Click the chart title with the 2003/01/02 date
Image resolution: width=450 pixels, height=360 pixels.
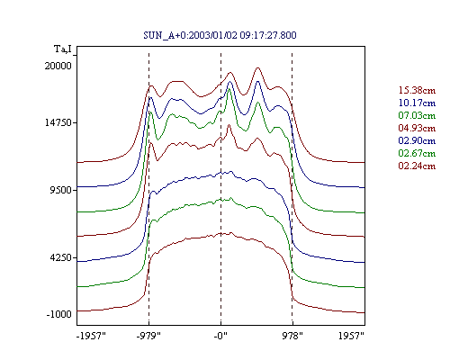point(220,35)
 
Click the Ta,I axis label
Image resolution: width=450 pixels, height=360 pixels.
point(63,49)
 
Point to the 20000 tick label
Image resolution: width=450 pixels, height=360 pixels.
point(58,66)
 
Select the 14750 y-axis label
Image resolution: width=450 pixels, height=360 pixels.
point(58,122)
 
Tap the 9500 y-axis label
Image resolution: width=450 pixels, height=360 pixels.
point(61,190)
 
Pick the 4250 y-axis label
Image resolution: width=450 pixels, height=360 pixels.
point(61,257)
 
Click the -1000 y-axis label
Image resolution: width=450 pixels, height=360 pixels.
point(59,314)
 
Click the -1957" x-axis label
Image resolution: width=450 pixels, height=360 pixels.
point(91,336)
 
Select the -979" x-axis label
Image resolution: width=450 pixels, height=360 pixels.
point(148,336)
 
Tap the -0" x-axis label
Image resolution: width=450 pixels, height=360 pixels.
point(220,336)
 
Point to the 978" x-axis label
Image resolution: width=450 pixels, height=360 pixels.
point(292,336)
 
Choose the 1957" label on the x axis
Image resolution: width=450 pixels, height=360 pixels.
point(351,336)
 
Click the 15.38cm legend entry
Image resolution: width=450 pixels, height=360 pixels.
point(417,90)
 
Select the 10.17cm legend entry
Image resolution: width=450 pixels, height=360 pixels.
point(417,103)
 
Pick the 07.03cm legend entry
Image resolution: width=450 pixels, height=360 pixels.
point(417,115)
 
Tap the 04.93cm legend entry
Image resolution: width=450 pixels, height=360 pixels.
point(417,128)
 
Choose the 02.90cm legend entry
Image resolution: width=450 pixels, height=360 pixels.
point(417,140)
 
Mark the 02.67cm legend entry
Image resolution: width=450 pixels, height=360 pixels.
point(417,153)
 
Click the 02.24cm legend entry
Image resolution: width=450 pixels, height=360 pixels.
point(417,166)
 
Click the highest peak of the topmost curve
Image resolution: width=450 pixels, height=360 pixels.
point(257,68)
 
